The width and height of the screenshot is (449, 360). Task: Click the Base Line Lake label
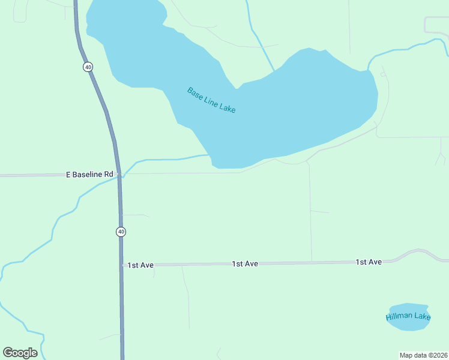211,100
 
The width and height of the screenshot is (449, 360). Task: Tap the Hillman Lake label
408,316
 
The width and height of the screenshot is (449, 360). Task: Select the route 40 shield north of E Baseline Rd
88,67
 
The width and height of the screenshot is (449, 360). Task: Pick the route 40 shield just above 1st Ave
121,231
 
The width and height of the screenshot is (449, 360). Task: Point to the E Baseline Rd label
89,175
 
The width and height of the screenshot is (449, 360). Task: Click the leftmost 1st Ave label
141,265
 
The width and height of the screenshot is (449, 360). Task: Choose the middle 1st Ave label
245,264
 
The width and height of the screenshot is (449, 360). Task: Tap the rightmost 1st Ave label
369,262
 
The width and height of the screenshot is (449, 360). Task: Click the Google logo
20,353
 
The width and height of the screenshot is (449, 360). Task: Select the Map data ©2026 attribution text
423,355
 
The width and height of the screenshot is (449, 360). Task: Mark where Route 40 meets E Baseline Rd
119,175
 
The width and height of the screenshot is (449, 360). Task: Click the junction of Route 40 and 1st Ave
122,265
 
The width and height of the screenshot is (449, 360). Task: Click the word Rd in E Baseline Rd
108,175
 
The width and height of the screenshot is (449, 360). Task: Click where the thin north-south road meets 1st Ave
312,262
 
